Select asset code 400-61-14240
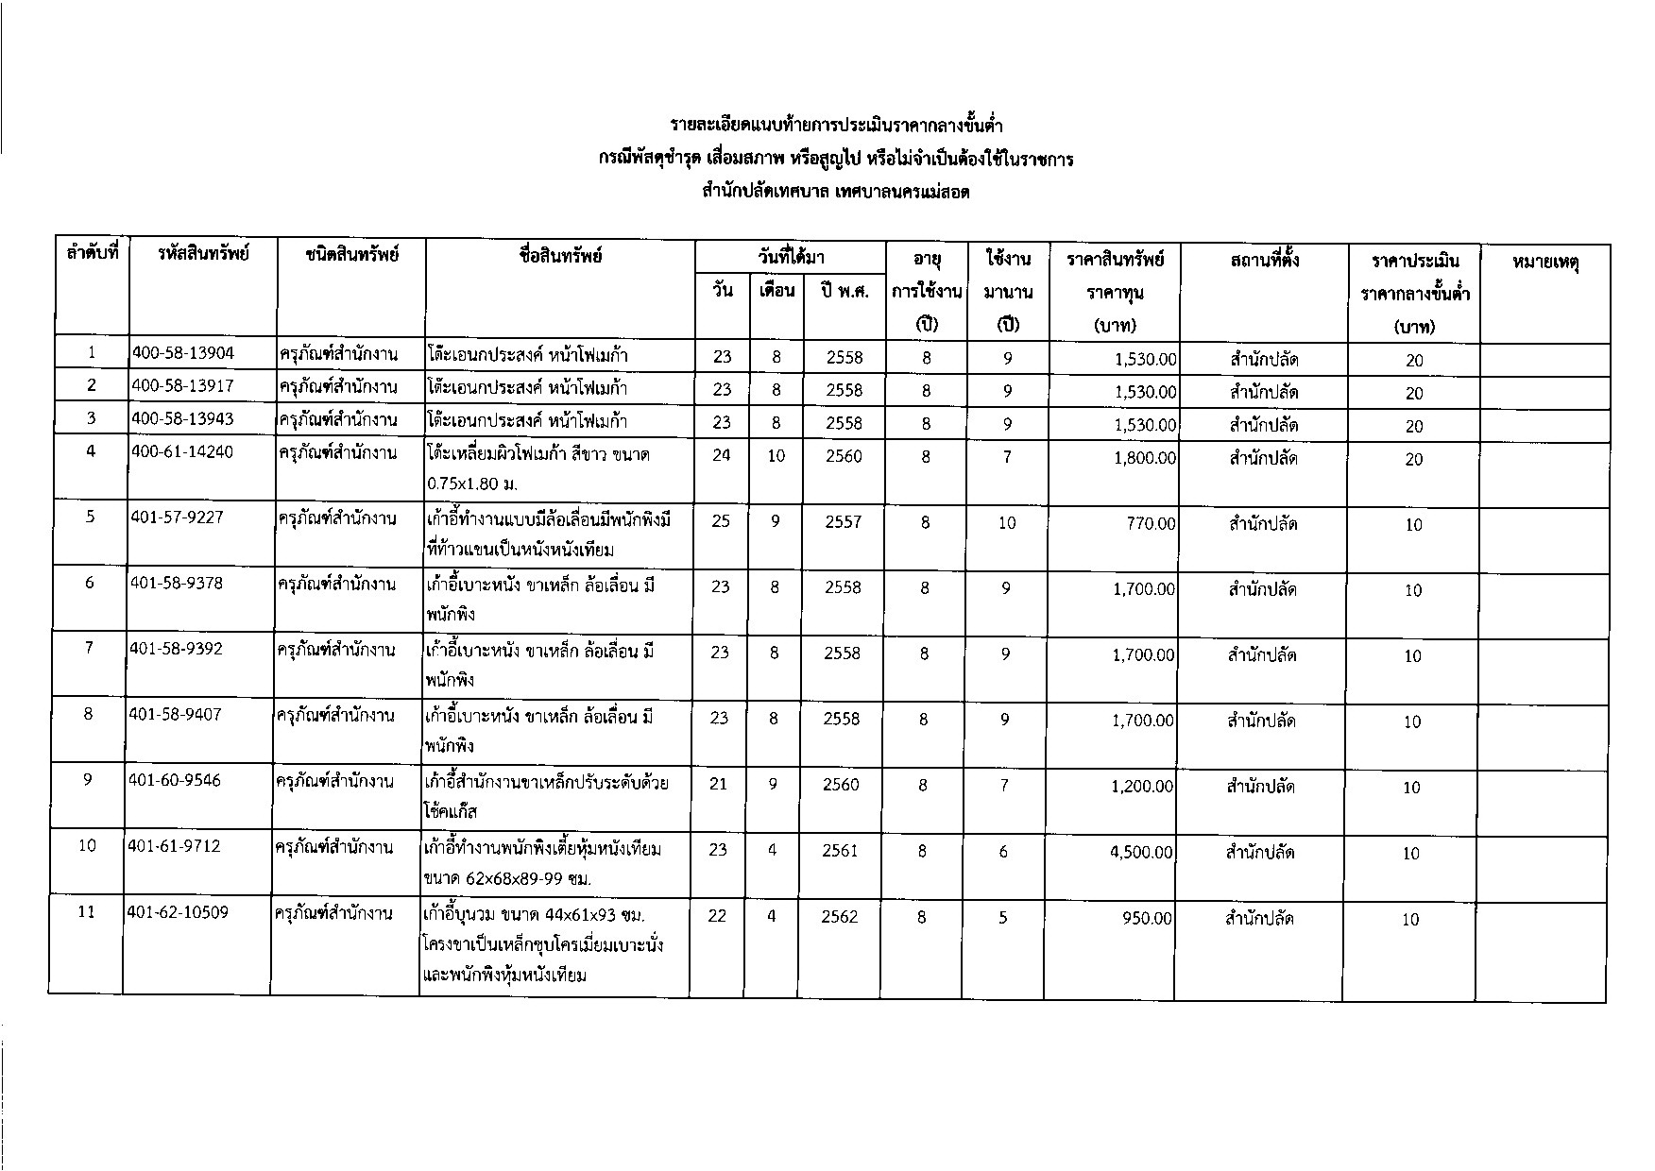(182, 451)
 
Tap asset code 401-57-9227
(177, 518)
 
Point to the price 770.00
(1152, 523)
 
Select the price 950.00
(1148, 918)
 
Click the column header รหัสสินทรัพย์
(203, 255)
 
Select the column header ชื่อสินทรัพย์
(560, 255)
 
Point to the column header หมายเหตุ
(1545, 262)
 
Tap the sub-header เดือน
(776, 291)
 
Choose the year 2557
(843, 522)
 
